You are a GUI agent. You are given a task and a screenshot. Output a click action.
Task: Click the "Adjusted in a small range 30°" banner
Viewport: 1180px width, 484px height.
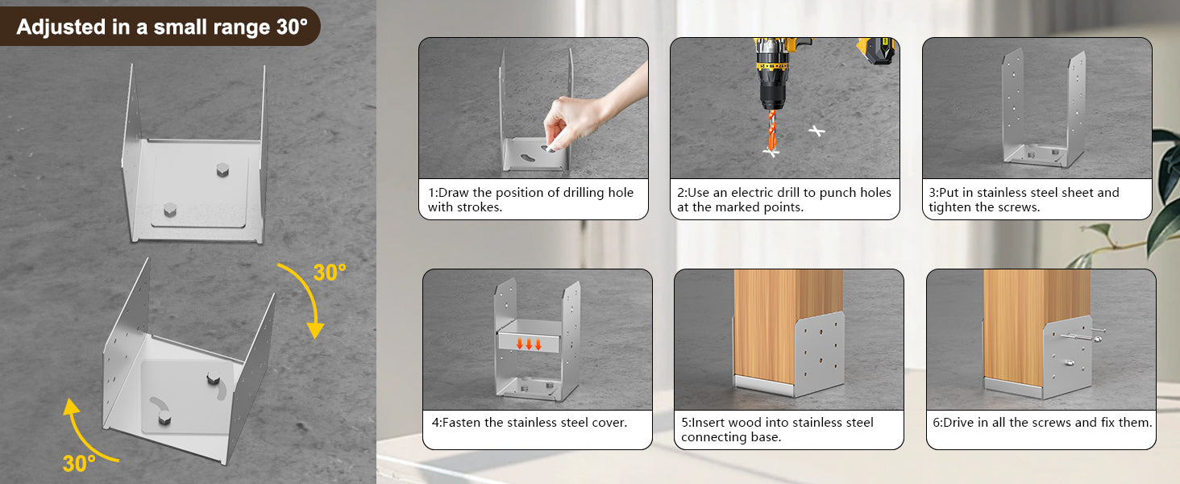pyautogui.click(x=160, y=27)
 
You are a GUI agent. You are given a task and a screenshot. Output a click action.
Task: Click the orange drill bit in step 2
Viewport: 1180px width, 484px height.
pyautogui.click(x=771, y=131)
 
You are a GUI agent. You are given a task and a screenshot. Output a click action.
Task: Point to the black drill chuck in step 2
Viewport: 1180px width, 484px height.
pyautogui.click(x=772, y=95)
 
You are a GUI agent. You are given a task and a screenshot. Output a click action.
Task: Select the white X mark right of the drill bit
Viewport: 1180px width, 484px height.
pyautogui.click(x=816, y=130)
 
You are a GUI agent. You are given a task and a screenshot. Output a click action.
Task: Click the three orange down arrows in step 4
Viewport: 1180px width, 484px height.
pyautogui.click(x=529, y=344)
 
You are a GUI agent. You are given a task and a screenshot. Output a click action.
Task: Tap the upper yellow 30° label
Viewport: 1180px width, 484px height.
pyautogui.click(x=330, y=273)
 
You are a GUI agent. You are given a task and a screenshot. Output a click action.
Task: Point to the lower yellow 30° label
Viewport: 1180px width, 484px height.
pyautogui.click(x=79, y=464)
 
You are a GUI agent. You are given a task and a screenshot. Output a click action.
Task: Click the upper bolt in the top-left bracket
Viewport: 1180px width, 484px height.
pyautogui.click(x=222, y=169)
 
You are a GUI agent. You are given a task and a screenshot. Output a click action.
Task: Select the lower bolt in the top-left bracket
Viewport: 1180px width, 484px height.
pyautogui.click(x=170, y=209)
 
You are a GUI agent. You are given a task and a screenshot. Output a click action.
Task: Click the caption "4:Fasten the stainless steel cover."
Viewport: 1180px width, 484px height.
pyautogui.click(x=530, y=423)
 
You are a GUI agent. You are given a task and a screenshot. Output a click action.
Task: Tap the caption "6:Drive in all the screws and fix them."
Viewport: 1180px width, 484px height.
pyautogui.click(x=1042, y=423)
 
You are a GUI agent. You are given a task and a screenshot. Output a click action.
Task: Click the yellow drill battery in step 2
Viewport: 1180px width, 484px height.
pyautogui.click(x=875, y=51)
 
